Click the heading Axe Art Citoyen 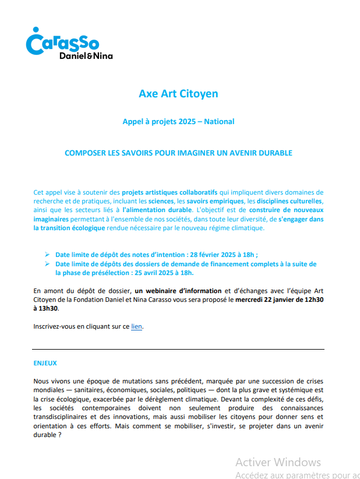(x=178, y=93)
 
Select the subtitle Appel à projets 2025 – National (x=178, y=122)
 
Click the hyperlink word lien (x=136, y=326)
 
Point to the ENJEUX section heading (x=45, y=363)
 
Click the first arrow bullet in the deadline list (x=47, y=255)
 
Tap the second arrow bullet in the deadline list (x=47, y=263)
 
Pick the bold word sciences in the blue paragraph (x=161, y=201)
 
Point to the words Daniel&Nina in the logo (x=86, y=56)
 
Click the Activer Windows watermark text (x=278, y=462)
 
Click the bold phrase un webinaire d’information (x=178, y=290)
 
